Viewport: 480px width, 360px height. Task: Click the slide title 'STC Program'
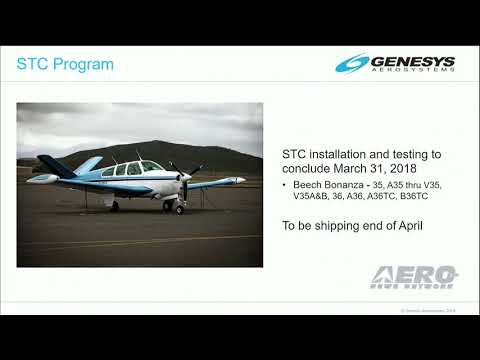coord(66,65)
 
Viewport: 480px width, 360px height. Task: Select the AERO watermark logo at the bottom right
coord(414,276)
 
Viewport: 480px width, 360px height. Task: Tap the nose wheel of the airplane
coord(179,209)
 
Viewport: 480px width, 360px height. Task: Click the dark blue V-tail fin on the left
coord(56,165)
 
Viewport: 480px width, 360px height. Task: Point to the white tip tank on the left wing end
coord(42,179)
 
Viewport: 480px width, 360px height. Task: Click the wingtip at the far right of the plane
coord(242,180)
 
